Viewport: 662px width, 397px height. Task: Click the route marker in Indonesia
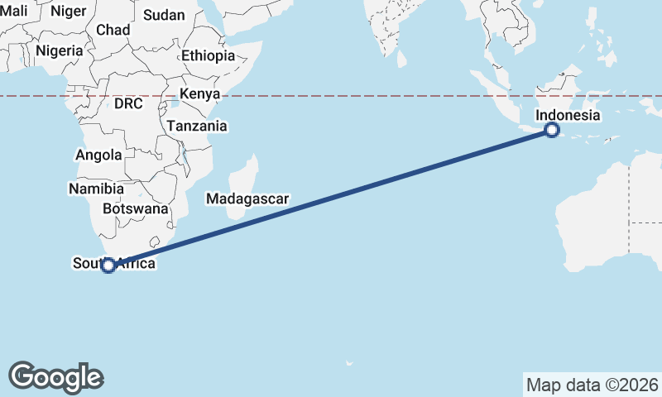coord(552,130)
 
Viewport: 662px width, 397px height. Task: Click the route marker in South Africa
coord(108,265)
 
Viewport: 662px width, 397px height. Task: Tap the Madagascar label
coord(247,198)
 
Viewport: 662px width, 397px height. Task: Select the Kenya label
coord(199,93)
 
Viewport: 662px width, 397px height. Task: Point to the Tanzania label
coord(197,127)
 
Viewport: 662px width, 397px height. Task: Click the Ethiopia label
coord(208,56)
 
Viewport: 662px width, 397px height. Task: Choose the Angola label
coord(98,155)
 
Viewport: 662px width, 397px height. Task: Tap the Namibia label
coord(96,189)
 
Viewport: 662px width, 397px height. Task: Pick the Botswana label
coord(136,208)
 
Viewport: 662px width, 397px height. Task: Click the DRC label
coord(128,103)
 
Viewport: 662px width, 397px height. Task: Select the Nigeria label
coord(59,50)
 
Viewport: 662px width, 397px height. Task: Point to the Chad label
coord(113,30)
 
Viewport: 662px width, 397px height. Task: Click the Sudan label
coord(164,15)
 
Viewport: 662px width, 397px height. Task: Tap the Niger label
coord(68,11)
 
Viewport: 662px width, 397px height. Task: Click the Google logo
coord(55,377)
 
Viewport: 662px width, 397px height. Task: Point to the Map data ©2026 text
coord(592,385)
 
